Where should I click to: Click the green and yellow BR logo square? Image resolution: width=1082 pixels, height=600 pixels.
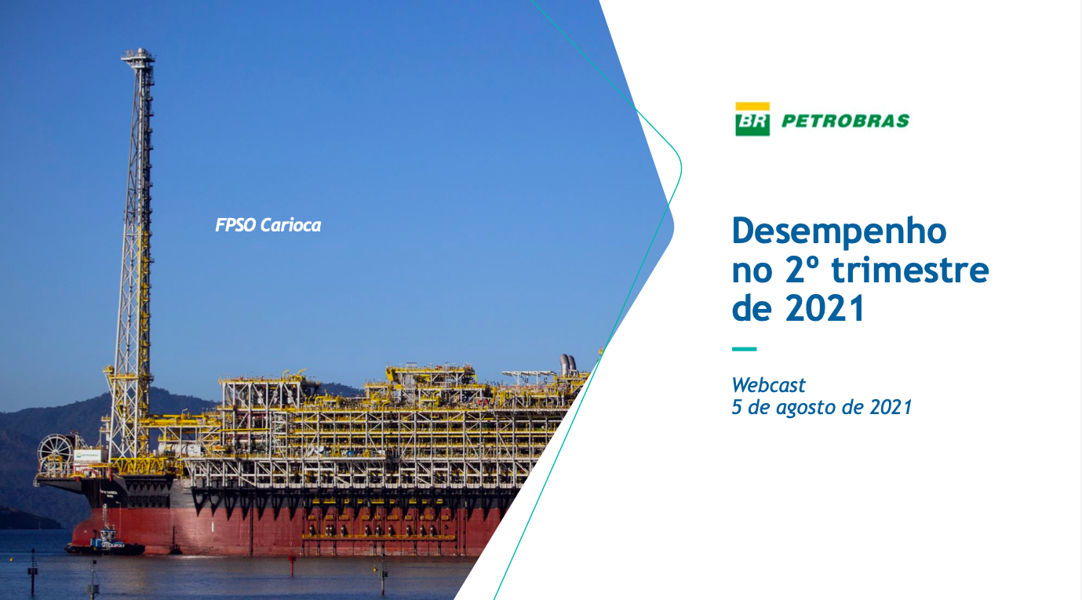[752, 118]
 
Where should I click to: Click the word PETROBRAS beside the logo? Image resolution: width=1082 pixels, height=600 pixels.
[845, 121]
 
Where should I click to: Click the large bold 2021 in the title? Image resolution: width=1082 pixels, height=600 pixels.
[825, 308]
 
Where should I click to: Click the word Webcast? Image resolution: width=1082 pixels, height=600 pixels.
[768, 385]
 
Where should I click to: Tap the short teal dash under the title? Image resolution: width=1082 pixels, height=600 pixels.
[745, 349]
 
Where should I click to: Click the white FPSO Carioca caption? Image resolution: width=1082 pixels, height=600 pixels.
[268, 225]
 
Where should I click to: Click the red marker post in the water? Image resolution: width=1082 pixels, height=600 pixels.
[292, 565]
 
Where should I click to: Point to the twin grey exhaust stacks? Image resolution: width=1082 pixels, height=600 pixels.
[568, 365]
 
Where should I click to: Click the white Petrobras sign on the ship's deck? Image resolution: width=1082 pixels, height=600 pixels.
[87, 455]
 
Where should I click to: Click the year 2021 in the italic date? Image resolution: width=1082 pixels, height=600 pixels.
[891, 407]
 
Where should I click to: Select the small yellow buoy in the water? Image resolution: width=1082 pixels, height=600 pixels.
[376, 570]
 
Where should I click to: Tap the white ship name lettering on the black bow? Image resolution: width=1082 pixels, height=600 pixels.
[109, 493]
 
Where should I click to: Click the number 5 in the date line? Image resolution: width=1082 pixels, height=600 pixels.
[737, 407]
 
